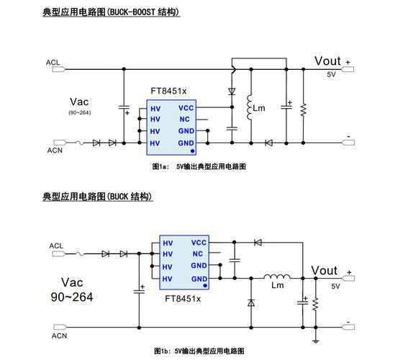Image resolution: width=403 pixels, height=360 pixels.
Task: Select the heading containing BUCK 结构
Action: pyautogui.click(x=97, y=196)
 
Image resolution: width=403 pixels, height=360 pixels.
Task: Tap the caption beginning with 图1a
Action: pyautogui.click(x=199, y=166)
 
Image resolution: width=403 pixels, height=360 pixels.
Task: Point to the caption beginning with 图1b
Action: pyautogui.click(x=199, y=351)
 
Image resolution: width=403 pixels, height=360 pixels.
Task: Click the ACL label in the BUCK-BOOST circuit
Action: pyautogui.click(x=53, y=63)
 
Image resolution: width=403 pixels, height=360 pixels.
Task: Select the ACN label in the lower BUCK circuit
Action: pyautogui.click(x=59, y=336)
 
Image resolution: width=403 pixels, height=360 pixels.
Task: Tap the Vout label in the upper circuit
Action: pyautogui.click(x=327, y=61)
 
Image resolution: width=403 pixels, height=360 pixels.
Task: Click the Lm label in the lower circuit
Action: pyautogui.click(x=277, y=285)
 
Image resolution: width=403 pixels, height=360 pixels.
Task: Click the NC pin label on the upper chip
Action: pyautogui.click(x=184, y=119)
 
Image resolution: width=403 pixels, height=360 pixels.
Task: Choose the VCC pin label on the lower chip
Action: pyautogui.click(x=199, y=243)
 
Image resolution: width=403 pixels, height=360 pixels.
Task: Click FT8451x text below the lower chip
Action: pyautogui.click(x=183, y=298)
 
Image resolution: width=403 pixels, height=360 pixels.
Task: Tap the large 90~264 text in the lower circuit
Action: pyautogui.click(x=71, y=297)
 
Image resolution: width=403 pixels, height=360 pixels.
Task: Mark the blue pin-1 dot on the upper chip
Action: pyautogui.click(x=192, y=152)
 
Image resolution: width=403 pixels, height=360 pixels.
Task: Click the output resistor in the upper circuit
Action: pyautogui.click(x=303, y=108)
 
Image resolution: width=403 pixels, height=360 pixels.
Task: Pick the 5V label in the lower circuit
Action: pyautogui.click(x=335, y=286)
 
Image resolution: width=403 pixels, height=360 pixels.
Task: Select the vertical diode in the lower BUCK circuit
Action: pyautogui.click(x=250, y=303)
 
